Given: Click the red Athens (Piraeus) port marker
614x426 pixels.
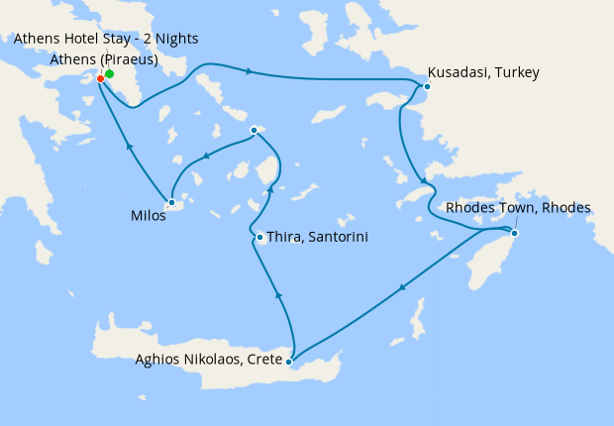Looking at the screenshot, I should [x=101, y=79].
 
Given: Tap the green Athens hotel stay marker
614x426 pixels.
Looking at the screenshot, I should [x=110, y=73].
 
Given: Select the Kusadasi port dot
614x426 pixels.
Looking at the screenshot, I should [x=427, y=86].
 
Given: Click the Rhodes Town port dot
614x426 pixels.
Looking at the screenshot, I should [x=514, y=233].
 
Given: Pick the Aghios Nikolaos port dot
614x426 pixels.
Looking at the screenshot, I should [x=288, y=362].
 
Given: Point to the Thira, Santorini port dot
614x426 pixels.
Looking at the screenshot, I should [x=259, y=237].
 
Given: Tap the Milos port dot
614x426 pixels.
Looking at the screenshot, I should [x=171, y=202].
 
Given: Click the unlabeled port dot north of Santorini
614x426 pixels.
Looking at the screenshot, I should [x=255, y=130].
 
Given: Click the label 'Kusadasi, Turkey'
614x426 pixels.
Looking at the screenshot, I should [x=483, y=72].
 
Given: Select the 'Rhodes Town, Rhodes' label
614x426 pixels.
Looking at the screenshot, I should [x=518, y=208].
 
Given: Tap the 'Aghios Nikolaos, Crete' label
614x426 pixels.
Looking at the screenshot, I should [x=207, y=359].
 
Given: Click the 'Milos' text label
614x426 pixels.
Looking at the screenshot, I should [x=148, y=214].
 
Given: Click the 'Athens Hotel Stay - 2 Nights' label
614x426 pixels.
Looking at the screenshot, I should [x=106, y=39].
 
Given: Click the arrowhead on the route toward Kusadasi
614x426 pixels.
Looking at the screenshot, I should [x=249, y=71].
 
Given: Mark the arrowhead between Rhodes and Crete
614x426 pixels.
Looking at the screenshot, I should [x=401, y=289].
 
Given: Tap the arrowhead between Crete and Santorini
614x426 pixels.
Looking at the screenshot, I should [x=278, y=294].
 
